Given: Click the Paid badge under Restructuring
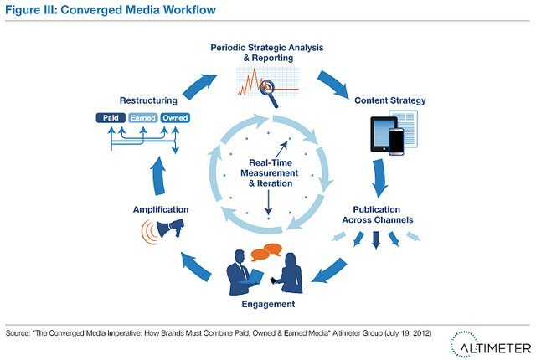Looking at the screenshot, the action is [111, 118].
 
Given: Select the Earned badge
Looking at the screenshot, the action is [143, 118].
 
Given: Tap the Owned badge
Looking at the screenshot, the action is [175, 118].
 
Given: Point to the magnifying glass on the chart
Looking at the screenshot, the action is [270, 91].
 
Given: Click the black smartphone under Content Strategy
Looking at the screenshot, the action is [396, 141].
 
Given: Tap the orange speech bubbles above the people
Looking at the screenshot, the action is [266, 252].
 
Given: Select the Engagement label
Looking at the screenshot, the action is [268, 304].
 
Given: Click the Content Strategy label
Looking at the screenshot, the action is [390, 100].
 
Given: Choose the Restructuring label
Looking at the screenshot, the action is [148, 100].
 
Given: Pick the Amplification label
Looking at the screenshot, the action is [161, 209].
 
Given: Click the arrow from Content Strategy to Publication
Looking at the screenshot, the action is [379, 178].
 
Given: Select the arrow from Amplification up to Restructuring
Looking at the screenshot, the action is [158, 176].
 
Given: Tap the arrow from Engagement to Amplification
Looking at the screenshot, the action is [195, 266].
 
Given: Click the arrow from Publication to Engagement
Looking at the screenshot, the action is [329, 270].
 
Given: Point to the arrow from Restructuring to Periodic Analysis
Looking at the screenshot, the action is [199, 86].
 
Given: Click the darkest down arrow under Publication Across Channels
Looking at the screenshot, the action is [376, 240].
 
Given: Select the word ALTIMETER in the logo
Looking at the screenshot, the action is [496, 348].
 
